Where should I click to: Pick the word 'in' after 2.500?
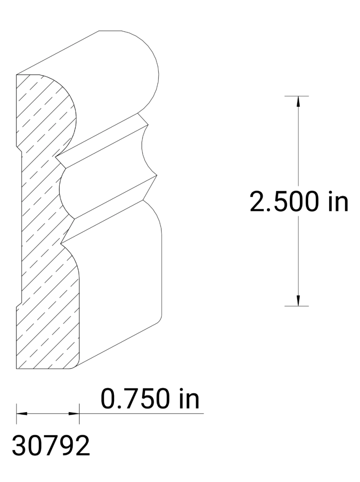click(337, 202)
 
